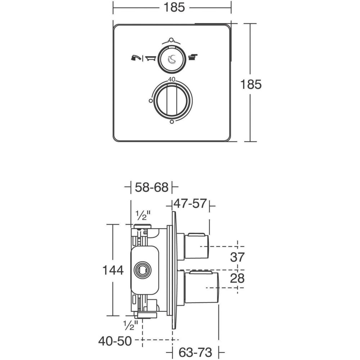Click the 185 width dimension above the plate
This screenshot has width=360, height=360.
[174, 7]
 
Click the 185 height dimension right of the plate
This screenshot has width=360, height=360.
[251, 84]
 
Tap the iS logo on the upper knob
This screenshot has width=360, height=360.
[172, 59]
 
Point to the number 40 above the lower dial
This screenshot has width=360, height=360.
[172, 80]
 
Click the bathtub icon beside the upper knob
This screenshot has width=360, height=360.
[150, 58]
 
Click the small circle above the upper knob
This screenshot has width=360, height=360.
[171, 40]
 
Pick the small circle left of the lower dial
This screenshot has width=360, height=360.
[151, 100]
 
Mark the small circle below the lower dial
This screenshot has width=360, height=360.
[172, 122]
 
